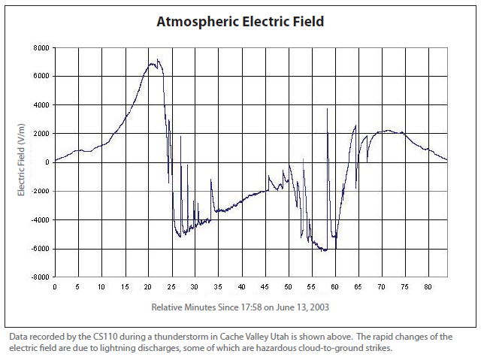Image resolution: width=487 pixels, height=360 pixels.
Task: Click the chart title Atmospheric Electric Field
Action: tap(240, 21)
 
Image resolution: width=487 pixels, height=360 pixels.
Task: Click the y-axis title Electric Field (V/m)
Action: tap(22, 162)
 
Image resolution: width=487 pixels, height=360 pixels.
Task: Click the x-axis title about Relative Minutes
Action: tap(240, 307)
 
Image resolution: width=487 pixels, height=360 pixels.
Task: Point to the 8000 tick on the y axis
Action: tap(41, 47)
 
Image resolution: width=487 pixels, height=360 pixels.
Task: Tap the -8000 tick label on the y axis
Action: tap(39, 277)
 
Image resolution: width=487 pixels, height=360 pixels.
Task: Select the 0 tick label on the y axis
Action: tap(47, 162)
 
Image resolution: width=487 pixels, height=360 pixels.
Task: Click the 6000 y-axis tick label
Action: tap(41, 76)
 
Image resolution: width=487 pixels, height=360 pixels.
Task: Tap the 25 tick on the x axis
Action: tap(171, 288)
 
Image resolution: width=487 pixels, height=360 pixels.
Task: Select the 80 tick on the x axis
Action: tap(428, 288)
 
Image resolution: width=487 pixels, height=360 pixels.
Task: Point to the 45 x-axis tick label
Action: tap(265, 288)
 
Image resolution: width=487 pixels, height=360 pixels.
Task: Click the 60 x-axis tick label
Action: tap(335, 288)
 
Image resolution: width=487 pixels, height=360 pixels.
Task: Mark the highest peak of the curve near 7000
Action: tap(158, 62)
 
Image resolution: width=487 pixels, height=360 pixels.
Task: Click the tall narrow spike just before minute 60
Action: tap(328, 109)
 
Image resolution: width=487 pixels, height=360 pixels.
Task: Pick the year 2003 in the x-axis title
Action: tap(319, 307)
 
